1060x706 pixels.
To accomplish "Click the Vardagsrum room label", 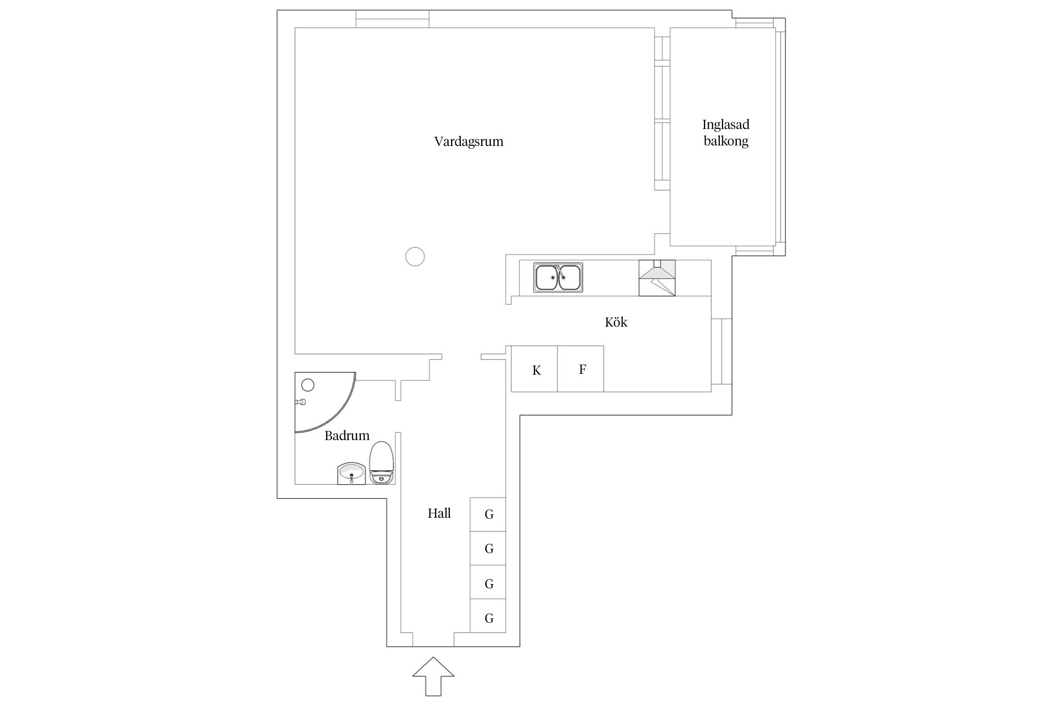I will coord(469,142).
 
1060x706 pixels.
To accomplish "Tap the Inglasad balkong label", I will coord(726,133).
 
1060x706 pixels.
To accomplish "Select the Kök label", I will coord(616,322).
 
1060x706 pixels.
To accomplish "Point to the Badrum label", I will coord(347,436).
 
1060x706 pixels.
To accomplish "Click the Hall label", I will coord(439,513).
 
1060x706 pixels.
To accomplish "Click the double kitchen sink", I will coord(558,277).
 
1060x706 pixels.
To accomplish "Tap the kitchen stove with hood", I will coord(657,278).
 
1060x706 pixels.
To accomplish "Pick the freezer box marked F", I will coord(581,369).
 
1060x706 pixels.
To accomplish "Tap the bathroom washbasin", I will coord(351,473).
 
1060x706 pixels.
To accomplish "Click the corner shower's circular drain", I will coord(308,385).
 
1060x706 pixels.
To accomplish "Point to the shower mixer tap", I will coord(300,402).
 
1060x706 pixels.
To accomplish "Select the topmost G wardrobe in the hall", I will coord(488,514).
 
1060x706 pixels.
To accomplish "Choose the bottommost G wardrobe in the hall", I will coord(488,618).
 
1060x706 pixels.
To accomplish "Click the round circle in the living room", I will coord(415,257).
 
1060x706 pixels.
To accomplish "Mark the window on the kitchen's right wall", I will coord(721,351).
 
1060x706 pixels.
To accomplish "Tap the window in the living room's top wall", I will coord(392,19).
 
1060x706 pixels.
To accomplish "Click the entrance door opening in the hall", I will coord(433,640).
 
